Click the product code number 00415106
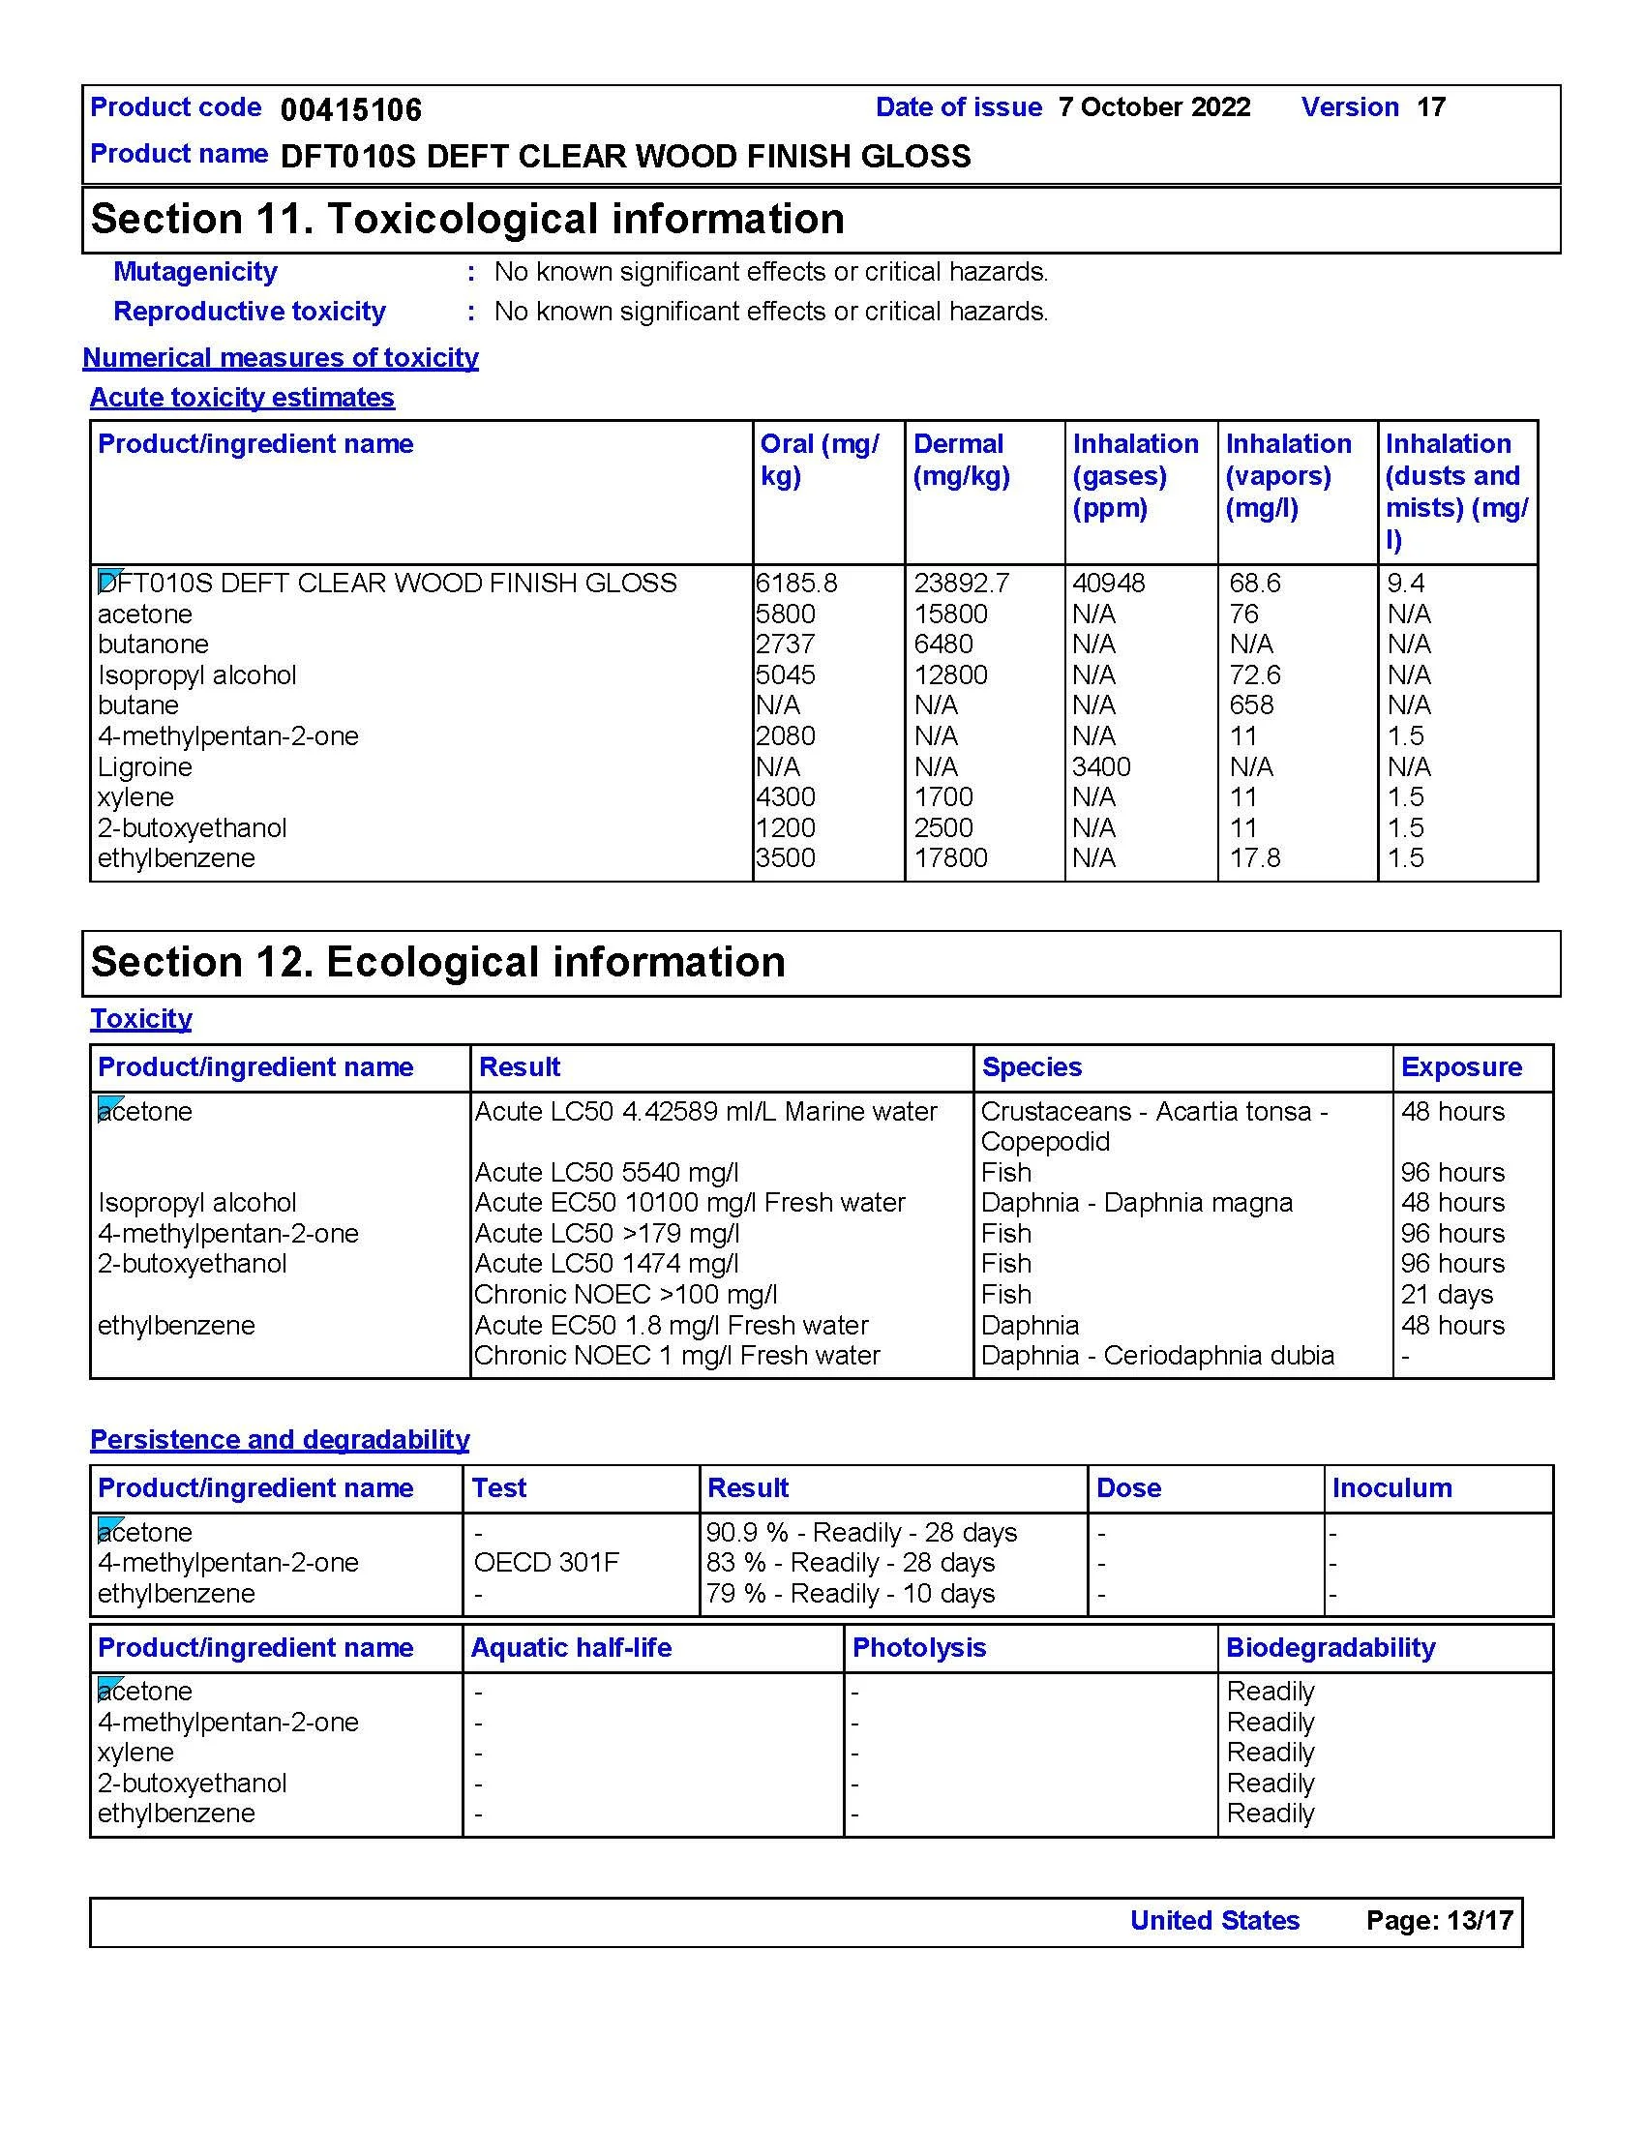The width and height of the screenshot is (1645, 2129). [351, 110]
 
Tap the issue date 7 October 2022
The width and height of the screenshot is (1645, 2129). [1153, 107]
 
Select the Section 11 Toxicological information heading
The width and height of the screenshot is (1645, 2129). [466, 219]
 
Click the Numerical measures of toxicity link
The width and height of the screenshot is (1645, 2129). [280, 358]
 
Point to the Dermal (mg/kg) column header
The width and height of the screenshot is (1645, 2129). [961, 459]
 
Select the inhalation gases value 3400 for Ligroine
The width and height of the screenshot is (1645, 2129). [1101, 766]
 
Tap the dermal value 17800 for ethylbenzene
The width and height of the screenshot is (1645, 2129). [950, 857]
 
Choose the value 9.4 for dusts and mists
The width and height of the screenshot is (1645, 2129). [1405, 583]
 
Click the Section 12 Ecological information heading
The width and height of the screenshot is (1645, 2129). [437, 962]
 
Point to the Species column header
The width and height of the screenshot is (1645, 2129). [1032, 1066]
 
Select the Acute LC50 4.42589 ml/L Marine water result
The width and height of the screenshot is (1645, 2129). [705, 1111]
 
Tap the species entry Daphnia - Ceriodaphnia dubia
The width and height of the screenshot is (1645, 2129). [1156, 1355]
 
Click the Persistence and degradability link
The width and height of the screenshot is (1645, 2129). [280, 1440]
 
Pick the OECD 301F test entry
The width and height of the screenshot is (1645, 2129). [546, 1563]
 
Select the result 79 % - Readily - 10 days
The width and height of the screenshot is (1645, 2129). [850, 1593]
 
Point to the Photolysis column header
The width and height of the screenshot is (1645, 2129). [919, 1647]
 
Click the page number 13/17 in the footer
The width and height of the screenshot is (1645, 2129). [1480, 1920]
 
